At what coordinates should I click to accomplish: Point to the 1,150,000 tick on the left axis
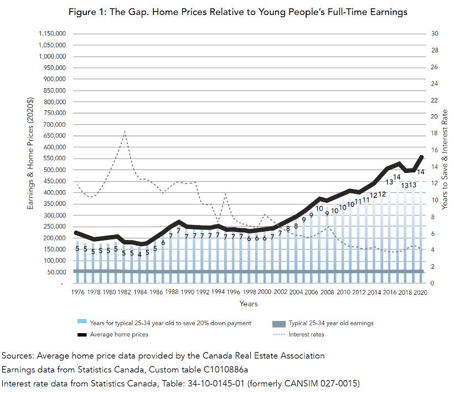[53, 34]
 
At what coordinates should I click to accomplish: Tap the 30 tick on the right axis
[435, 34]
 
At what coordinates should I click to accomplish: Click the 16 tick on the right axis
[435, 150]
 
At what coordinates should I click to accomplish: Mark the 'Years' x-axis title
[249, 304]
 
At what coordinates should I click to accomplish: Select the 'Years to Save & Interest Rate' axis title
[445, 158]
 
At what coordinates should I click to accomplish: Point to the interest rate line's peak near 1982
[125, 131]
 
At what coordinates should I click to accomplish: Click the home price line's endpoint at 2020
[422, 157]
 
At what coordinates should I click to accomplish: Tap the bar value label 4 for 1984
[140, 254]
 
